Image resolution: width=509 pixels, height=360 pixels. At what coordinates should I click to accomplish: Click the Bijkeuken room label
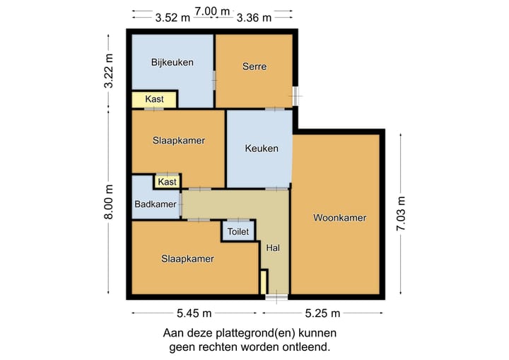172,62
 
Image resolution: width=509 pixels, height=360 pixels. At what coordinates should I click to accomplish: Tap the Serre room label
255,66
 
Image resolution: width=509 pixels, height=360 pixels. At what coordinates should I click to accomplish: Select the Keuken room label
261,149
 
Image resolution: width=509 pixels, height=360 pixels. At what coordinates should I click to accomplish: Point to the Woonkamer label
339,218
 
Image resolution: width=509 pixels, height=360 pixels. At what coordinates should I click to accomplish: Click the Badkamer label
156,204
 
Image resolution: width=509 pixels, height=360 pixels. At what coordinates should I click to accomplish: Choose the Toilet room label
238,231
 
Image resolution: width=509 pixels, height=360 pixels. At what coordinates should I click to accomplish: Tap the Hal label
273,248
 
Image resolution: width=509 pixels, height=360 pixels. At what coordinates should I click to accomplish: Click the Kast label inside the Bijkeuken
154,99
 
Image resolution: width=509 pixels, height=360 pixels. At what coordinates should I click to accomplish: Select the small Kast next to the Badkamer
168,182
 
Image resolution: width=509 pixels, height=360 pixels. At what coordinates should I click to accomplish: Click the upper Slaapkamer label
179,140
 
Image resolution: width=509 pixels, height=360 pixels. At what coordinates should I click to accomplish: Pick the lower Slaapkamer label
187,259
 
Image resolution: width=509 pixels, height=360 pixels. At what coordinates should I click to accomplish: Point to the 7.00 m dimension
213,11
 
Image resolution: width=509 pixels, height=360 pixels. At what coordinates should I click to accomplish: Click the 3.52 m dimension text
173,18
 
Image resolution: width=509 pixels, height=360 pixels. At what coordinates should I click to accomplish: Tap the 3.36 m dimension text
254,18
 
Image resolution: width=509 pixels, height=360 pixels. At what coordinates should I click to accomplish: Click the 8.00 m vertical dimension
108,202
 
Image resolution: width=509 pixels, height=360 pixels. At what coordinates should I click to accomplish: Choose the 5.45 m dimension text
194,313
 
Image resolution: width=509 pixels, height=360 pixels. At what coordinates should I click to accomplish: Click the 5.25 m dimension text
324,313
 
